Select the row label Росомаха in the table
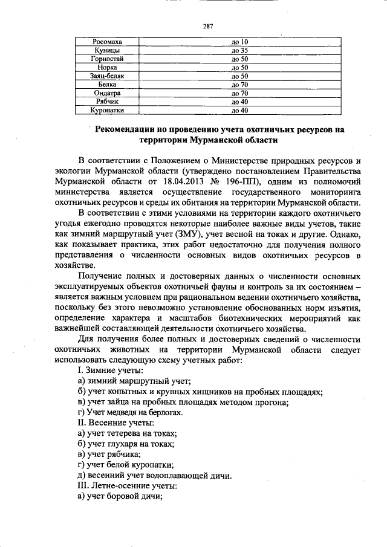pos(107,42)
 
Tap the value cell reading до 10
pos(240,42)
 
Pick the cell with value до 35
pos(240,50)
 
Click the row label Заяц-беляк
pos(107,76)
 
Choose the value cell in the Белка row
pos(240,85)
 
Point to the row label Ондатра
pos(107,94)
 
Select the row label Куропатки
pos(107,111)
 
